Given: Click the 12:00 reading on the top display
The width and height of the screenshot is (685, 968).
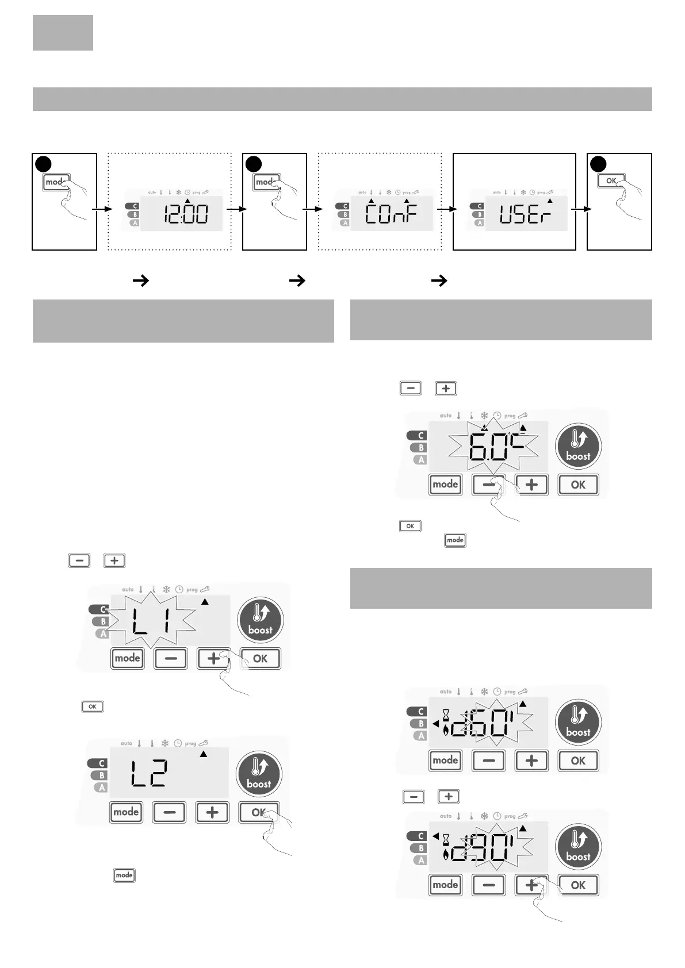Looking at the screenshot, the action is [185, 215].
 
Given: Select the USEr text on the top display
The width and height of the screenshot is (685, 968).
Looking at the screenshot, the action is [525, 215].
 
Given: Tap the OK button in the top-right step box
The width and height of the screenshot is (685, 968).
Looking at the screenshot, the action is [611, 180].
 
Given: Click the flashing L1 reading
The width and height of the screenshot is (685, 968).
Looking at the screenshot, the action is [151, 621].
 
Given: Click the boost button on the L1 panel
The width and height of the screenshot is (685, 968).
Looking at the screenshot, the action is [260, 620].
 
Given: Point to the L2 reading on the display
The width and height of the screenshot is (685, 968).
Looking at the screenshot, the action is [148, 774].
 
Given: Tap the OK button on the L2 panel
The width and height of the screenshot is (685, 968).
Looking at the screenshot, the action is [259, 812].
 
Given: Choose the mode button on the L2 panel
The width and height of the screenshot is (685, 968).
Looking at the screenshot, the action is [126, 812].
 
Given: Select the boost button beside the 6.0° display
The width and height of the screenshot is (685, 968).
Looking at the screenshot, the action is [578, 446].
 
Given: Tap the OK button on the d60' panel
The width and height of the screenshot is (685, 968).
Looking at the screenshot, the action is [578, 760].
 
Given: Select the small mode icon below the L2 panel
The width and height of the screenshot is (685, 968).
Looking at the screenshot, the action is [124, 875].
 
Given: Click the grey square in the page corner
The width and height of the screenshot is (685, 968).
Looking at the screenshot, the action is [63, 33].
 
